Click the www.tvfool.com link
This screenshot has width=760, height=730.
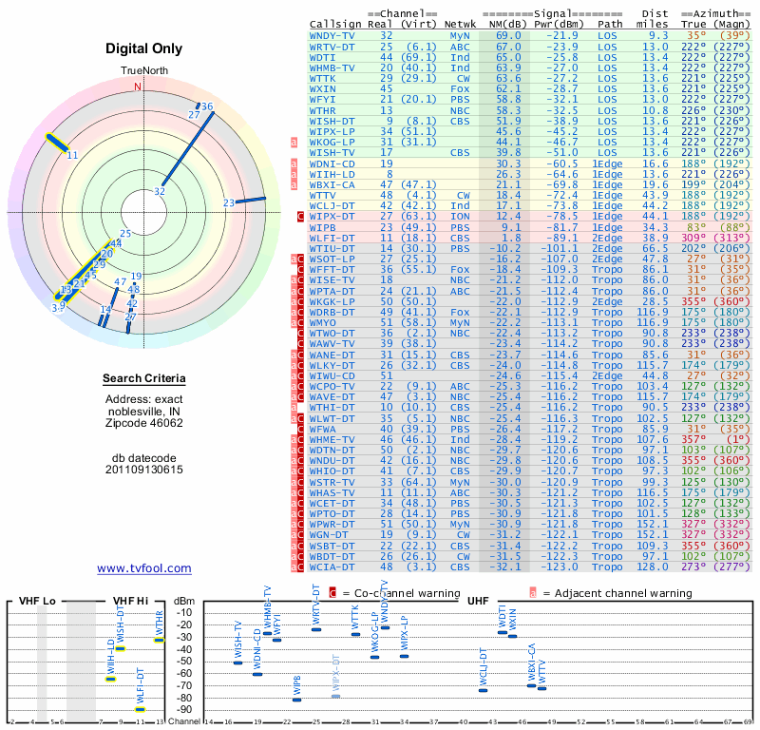click(144, 568)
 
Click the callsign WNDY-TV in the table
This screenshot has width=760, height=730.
click(332, 35)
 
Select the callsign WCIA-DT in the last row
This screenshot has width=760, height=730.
click(332, 567)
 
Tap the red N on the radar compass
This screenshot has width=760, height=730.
click(138, 86)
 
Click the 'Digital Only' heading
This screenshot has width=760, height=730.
click(144, 48)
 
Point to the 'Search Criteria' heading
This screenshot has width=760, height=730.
click(144, 379)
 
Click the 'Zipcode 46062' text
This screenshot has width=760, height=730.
click(144, 423)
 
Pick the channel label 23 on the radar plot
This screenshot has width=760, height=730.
click(229, 202)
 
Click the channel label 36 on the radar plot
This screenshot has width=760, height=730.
click(207, 106)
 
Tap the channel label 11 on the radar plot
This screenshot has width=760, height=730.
click(72, 154)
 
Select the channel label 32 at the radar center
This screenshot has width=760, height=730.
click(160, 191)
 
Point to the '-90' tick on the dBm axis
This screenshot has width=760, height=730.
click(183, 709)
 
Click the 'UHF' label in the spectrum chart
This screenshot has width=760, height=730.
click(479, 602)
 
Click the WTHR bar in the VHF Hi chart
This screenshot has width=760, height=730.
click(160, 640)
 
